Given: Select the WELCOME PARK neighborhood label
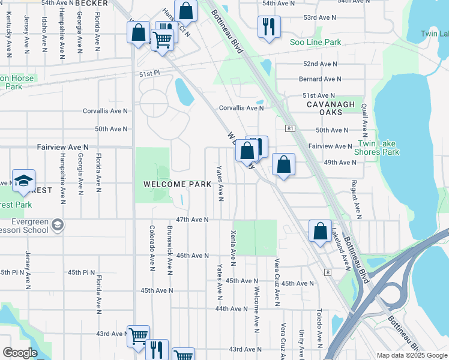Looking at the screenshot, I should [x=177, y=184].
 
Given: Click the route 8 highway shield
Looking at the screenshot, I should [x=328, y=272].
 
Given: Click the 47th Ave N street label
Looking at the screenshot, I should [x=192, y=220].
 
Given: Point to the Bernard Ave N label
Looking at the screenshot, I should [x=320, y=79].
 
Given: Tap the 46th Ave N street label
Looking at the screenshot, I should [x=192, y=256].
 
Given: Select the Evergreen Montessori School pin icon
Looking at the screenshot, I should [x=58, y=224].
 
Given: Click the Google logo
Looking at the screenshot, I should [x=20, y=353].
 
